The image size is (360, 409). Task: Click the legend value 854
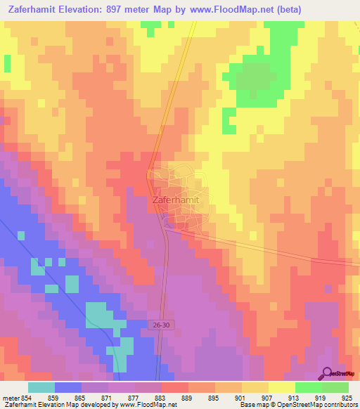click(x=27, y=397)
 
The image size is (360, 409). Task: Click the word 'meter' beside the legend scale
click(x=10, y=397)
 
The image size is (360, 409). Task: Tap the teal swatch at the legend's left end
click(x=41, y=387)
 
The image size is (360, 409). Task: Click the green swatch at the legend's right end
click(x=335, y=387)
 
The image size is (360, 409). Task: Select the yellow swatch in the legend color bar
click(x=281, y=387)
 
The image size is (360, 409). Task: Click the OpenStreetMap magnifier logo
click(x=328, y=372)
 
